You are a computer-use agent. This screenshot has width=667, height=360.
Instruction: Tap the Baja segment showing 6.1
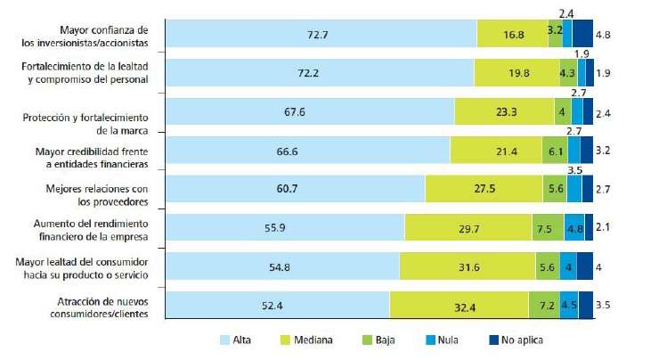point(554,151)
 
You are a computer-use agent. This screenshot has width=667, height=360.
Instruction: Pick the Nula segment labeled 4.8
point(574,227)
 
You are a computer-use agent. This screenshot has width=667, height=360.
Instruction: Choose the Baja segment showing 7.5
point(548,227)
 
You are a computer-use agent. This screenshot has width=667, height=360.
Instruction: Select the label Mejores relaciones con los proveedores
point(96,194)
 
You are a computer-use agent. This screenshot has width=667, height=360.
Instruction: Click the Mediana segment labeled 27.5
point(484,188)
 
